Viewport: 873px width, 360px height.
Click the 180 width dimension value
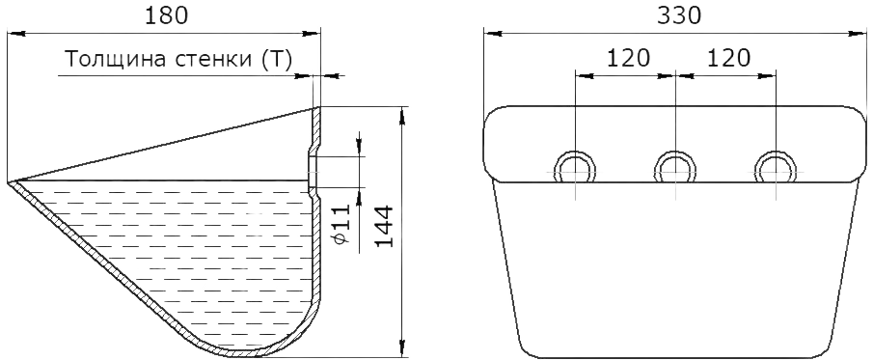pos(166,15)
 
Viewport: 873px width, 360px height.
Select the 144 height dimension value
pos(383,226)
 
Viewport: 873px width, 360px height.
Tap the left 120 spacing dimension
pos(628,58)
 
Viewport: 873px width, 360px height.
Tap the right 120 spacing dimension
pos(728,58)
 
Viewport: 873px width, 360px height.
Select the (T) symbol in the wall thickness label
pos(277,60)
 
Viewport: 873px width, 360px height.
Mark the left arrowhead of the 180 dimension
pos(15,34)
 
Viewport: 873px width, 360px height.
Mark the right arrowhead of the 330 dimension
pos(858,34)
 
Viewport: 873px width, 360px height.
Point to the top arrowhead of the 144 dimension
pos(402,115)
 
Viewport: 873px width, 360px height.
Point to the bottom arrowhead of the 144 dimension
pos(402,347)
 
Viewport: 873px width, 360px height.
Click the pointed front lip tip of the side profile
pos(10,182)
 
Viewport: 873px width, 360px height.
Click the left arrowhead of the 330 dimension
pos(492,34)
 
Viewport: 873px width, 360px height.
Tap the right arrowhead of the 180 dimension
pos(313,34)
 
